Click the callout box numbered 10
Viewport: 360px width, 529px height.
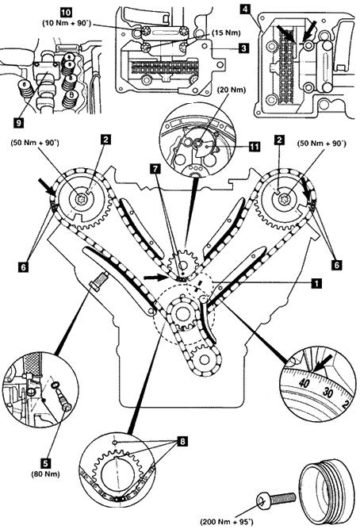[66, 13]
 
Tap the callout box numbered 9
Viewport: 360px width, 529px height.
[18, 123]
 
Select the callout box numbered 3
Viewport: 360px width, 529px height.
[243, 48]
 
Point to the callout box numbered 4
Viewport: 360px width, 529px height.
[245, 9]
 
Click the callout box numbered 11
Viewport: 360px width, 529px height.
[255, 147]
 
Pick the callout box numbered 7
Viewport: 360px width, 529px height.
[155, 169]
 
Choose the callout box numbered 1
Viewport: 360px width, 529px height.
[316, 282]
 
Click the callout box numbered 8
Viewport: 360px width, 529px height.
[182, 441]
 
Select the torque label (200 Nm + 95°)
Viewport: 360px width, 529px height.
[227, 522]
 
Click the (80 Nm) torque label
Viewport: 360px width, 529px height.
[45, 474]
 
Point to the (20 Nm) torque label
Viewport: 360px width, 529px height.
[232, 90]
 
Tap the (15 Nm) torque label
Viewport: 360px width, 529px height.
[226, 33]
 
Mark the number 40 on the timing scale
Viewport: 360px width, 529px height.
[304, 383]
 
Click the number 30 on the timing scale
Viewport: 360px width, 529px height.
[327, 393]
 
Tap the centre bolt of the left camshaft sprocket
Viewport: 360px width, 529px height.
[82, 199]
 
